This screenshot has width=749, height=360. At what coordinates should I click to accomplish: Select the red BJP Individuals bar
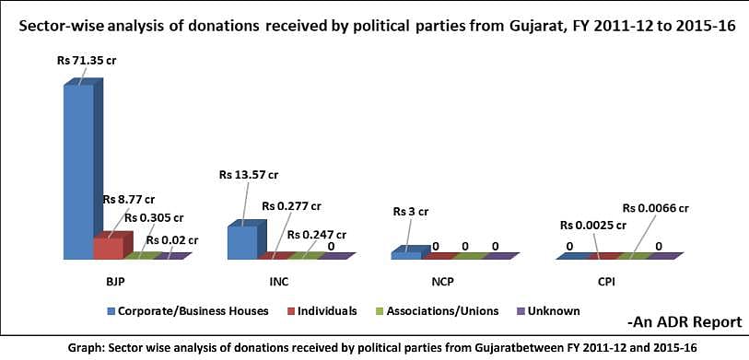click(x=112, y=245)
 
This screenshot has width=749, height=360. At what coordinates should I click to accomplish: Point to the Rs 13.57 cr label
click(x=249, y=175)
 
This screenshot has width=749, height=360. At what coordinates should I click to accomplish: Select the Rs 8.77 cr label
click(x=128, y=199)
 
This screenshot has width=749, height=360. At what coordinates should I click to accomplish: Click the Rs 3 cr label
click(x=411, y=212)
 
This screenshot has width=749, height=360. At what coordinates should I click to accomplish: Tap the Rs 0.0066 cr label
click(x=656, y=208)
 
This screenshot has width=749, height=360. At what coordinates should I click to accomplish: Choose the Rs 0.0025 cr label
click(x=593, y=224)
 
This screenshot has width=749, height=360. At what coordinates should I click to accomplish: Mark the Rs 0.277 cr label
click(x=291, y=206)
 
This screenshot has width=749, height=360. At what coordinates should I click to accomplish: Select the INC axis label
click(x=278, y=282)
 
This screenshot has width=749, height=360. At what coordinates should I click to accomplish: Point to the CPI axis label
click(x=607, y=282)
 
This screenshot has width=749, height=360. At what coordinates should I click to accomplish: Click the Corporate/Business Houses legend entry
click(x=188, y=311)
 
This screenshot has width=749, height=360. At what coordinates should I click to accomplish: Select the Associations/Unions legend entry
click(x=438, y=311)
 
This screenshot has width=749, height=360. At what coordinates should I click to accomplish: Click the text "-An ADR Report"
click(x=685, y=322)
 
